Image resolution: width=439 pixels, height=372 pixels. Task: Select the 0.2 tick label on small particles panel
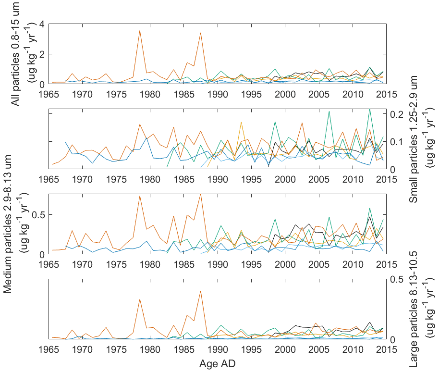tap(396, 114)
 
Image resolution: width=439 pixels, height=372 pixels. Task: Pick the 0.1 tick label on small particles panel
tap(396, 142)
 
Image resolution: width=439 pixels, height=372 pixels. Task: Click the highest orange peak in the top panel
tap(139, 31)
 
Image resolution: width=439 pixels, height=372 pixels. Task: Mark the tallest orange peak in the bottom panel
tap(200, 291)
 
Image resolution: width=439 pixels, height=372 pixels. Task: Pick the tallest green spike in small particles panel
tap(369, 109)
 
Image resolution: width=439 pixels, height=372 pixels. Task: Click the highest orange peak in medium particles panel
tap(200, 194)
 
